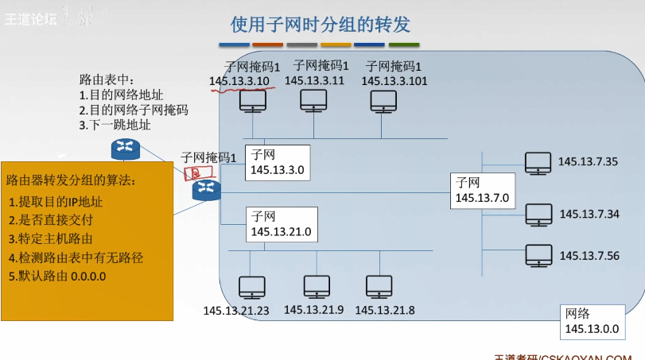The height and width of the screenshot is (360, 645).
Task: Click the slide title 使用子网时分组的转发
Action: point(321,25)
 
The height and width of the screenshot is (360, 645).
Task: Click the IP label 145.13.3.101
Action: point(394,81)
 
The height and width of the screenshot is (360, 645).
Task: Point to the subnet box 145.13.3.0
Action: point(275,162)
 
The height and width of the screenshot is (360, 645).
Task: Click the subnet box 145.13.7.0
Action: point(481,192)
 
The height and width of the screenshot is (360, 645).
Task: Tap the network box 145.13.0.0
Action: point(590,320)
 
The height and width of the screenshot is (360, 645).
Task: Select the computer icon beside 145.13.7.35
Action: point(538,163)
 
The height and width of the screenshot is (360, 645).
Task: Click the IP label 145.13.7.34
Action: point(589,214)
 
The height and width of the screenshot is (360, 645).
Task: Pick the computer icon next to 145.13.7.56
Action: point(538,255)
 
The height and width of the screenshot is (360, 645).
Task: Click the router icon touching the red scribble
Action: point(206,190)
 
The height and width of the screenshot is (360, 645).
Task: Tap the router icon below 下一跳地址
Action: point(124,147)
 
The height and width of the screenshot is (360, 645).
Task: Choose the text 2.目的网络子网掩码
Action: point(134,110)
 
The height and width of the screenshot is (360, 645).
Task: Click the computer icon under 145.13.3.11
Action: point(313,100)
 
